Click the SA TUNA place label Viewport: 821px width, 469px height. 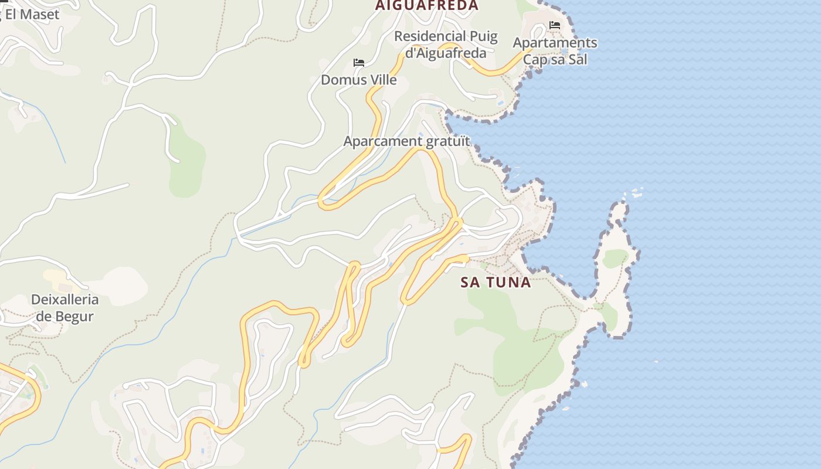click(496, 282)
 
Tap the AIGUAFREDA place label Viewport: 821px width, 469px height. click(427, 6)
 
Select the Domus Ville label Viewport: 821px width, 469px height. click(359, 80)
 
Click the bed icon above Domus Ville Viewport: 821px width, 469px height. click(359, 63)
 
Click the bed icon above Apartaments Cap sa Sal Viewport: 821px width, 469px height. click(555, 25)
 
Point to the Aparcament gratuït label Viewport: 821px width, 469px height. click(406, 141)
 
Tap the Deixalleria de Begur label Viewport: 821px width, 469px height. click(65, 308)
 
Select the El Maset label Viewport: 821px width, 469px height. click(32, 14)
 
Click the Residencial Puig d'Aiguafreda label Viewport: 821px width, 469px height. click(446, 45)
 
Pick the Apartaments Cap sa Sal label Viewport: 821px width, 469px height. click(555, 51)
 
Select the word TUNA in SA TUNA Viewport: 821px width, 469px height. click(508, 282)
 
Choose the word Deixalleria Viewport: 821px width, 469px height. click(65, 300)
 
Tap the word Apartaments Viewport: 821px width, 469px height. click(555, 43)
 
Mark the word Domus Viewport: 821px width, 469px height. click(340, 80)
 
